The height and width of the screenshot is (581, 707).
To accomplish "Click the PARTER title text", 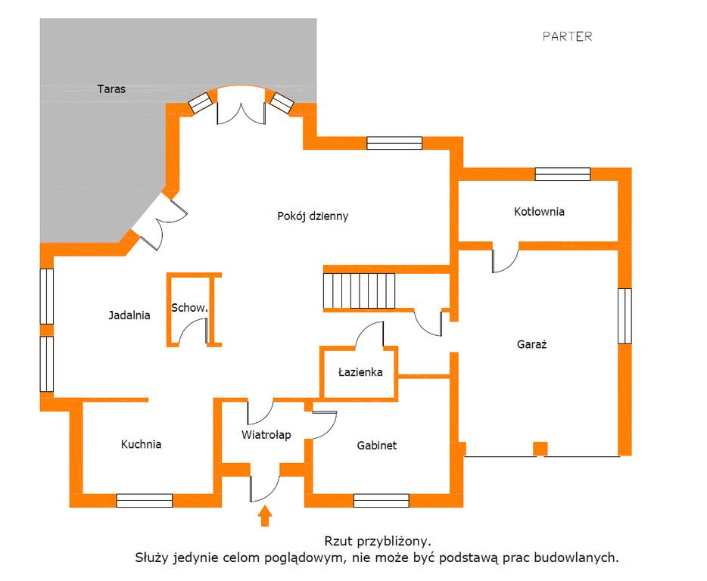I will (567, 36).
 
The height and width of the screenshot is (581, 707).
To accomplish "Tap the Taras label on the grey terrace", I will (111, 89).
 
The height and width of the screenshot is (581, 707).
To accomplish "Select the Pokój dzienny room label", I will (313, 216).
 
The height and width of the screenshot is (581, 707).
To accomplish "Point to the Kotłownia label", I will (539, 212).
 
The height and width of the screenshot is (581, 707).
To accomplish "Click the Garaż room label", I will (532, 343).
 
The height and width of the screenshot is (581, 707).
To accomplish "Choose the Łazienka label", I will (360, 372).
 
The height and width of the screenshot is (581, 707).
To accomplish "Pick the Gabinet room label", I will (377, 446).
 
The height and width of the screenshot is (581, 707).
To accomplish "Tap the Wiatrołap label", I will (266, 434).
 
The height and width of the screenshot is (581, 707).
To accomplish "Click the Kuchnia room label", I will (141, 444).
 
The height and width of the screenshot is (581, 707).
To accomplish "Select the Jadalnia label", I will (129, 315).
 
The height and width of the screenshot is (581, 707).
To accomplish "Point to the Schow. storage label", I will (189, 308).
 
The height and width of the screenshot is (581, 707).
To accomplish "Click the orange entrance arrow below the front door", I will (265, 516).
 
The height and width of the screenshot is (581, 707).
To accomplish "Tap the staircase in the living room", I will (360, 289).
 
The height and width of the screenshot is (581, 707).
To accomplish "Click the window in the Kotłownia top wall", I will (562, 174).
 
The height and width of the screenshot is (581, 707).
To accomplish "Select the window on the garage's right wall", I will (624, 315).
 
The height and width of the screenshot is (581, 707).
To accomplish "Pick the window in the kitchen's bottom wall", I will (144, 500).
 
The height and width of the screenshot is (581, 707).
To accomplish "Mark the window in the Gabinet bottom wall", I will (382, 500).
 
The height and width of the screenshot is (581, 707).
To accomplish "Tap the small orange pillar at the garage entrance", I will (540, 449).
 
